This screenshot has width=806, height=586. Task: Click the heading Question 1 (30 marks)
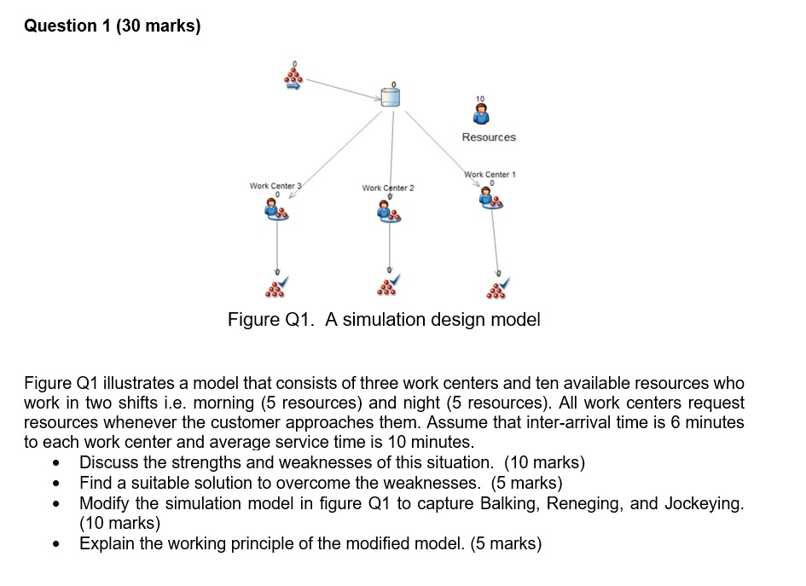[113, 26]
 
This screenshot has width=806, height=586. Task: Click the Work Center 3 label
[272, 185]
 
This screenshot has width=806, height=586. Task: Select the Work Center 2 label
[387, 188]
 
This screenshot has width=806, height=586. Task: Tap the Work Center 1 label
[490, 175]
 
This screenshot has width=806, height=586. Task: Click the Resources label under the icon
[489, 137]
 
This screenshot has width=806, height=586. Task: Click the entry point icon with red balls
[293, 76]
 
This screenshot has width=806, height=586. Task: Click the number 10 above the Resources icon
[479, 99]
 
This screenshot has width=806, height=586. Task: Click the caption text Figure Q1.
[384, 320]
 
